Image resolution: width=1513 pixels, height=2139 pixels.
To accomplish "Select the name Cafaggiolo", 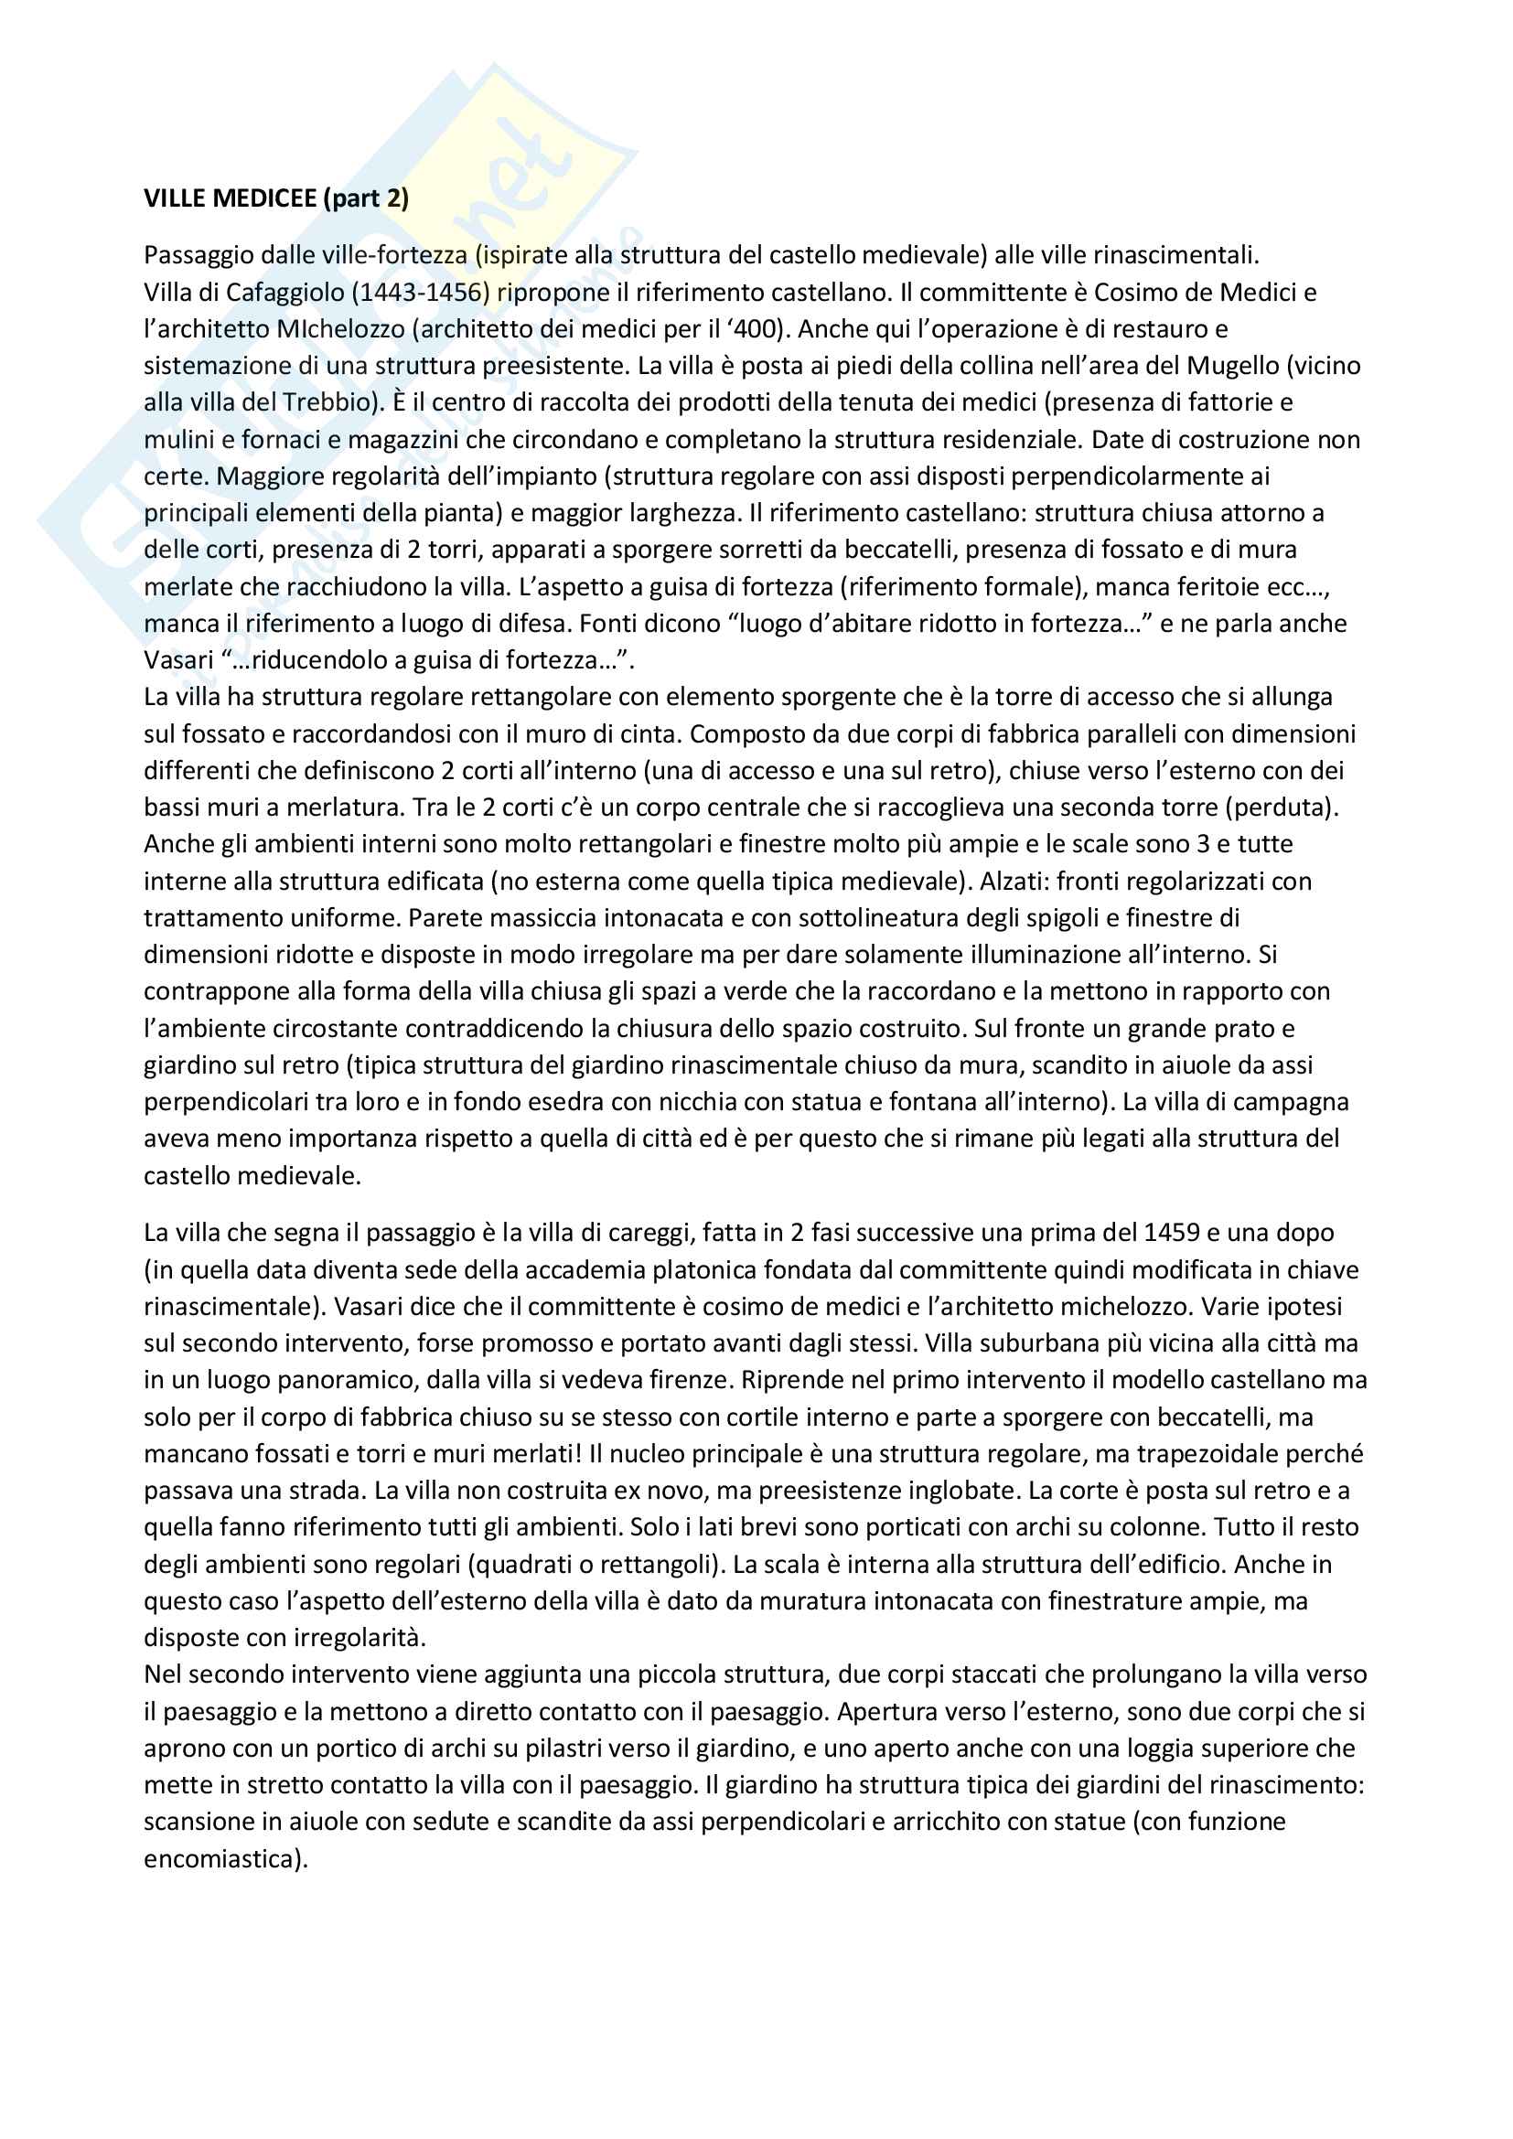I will click(284, 293).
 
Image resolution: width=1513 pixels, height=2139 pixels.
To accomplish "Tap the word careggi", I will click(647, 1233).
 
